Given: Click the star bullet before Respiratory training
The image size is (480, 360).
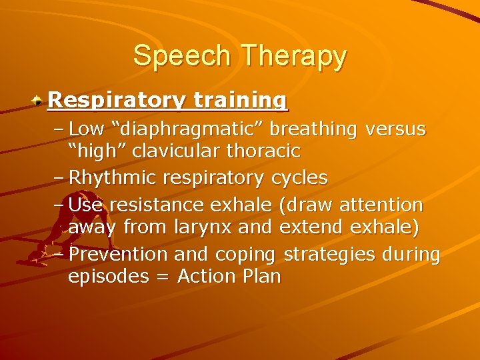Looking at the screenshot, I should tap(39, 101).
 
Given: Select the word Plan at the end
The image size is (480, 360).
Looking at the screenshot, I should tap(262, 276).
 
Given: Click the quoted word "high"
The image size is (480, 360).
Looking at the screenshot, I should tap(98, 151).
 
